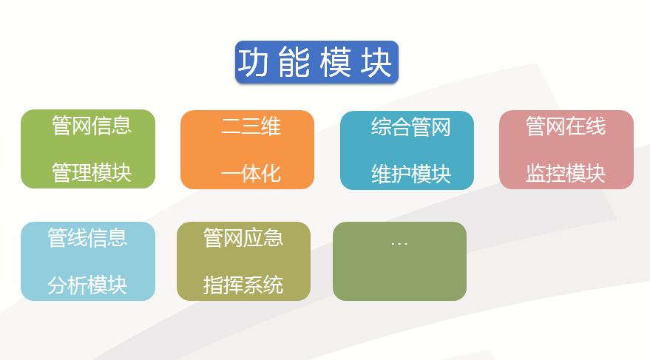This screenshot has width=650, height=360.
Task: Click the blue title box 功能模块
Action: click(316, 62)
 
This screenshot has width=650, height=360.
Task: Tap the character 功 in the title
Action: click(254, 63)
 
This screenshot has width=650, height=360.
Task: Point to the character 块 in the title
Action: click(376, 63)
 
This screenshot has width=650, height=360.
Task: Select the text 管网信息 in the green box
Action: click(92, 126)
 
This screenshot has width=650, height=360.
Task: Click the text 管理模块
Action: click(92, 173)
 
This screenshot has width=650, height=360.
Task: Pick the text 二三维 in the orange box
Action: click(251, 126)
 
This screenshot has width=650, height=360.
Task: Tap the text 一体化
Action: click(251, 174)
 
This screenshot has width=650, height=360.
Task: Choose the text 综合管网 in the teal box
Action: click(411, 126)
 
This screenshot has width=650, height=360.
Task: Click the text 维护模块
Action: click(411, 174)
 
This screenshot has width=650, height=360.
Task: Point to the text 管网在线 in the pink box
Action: click(566, 126)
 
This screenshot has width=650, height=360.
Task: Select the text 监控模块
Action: click(566, 173)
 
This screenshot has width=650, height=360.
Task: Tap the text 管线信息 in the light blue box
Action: click(87, 238)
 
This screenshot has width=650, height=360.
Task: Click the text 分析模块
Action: click(87, 285)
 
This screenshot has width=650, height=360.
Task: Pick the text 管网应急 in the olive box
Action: click(243, 238)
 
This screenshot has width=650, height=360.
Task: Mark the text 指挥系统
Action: click(243, 285)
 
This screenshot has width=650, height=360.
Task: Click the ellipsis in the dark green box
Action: click(399, 244)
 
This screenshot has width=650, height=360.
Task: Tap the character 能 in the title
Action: click(294, 63)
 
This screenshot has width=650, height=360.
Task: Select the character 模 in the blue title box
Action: click(336, 63)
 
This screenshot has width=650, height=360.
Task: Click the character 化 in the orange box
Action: click(271, 174)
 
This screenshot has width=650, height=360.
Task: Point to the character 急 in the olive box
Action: click(274, 238)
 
